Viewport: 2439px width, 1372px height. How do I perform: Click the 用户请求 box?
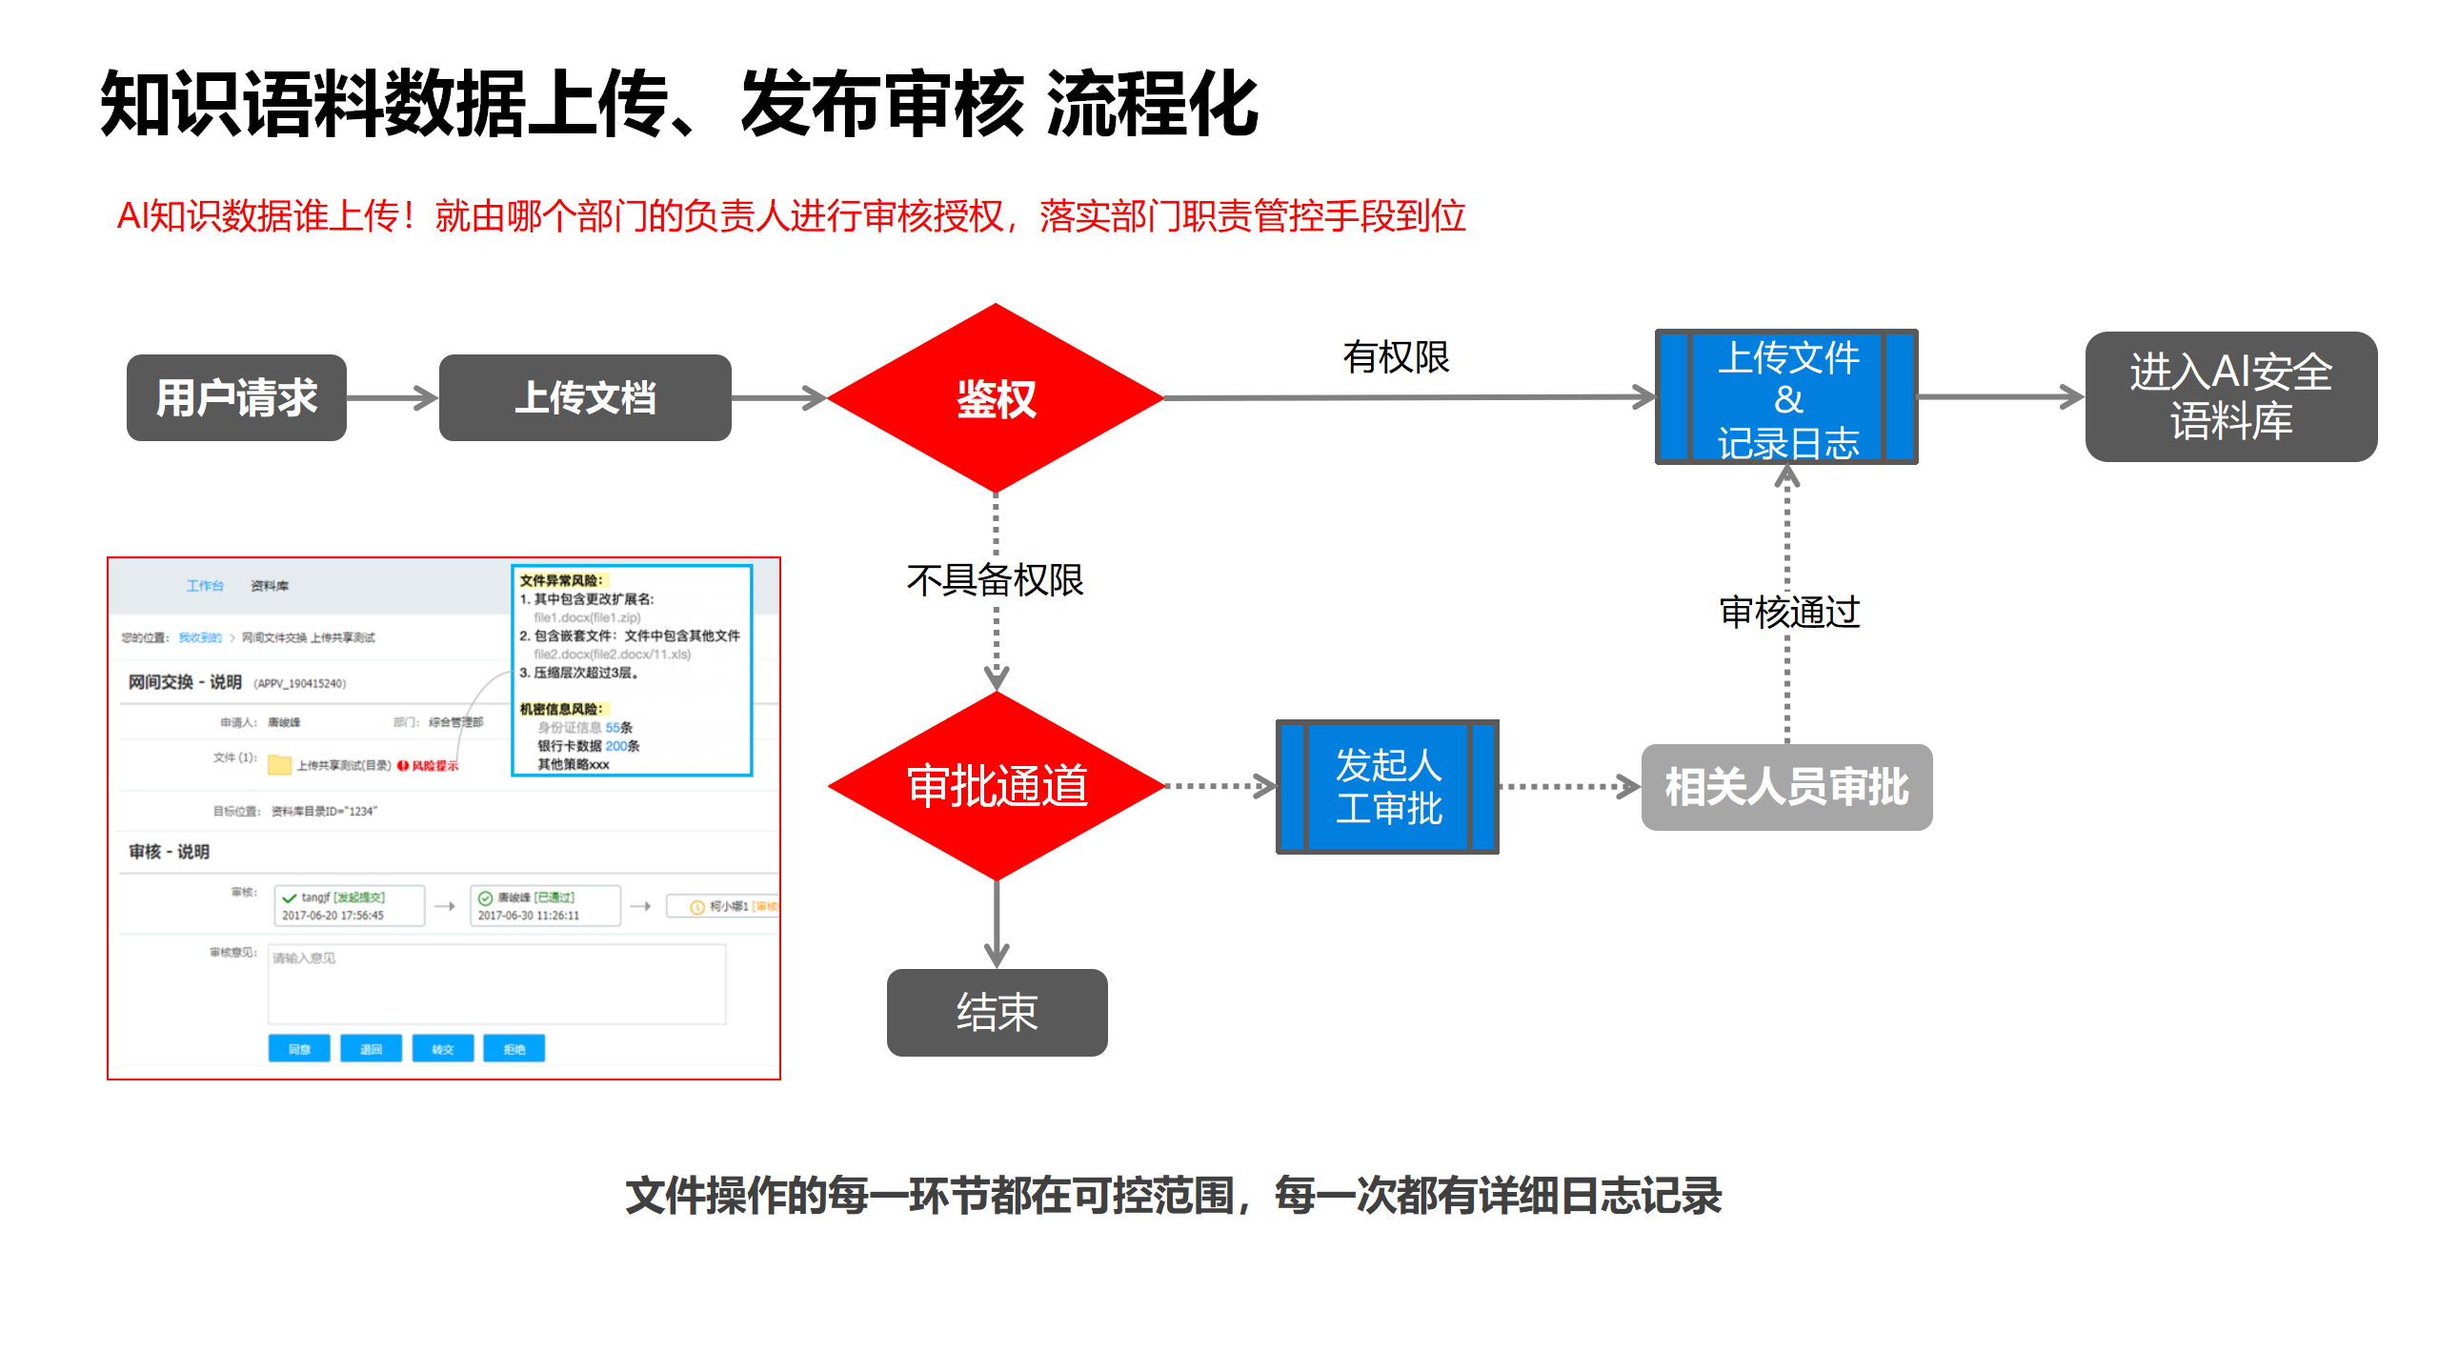(x=236, y=397)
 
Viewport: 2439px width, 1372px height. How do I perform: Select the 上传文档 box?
(x=585, y=397)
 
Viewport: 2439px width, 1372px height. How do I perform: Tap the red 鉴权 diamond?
(x=996, y=398)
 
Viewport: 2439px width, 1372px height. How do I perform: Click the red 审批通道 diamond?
(x=997, y=786)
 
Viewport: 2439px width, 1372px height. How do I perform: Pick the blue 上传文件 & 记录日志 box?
(x=1787, y=397)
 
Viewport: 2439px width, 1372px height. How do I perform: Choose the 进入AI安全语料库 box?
(x=2230, y=396)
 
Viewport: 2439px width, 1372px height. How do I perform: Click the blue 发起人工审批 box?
(x=1387, y=787)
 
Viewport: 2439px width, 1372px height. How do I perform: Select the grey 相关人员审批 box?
(x=1786, y=787)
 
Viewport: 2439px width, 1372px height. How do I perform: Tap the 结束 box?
(x=997, y=1012)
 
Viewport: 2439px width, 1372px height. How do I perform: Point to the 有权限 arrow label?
(x=1396, y=357)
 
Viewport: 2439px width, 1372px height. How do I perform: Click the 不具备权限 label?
(x=996, y=579)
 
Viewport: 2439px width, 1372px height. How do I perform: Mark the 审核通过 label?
(x=1789, y=612)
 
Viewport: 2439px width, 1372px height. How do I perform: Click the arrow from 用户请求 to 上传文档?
(x=392, y=397)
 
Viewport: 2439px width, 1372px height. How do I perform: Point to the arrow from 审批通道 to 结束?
(x=997, y=923)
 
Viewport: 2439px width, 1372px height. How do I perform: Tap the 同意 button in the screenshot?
(x=299, y=1049)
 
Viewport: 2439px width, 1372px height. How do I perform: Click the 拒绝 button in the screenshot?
(x=514, y=1049)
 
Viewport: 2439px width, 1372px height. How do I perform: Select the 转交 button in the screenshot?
(x=443, y=1049)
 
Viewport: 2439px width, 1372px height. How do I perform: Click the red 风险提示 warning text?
(x=433, y=765)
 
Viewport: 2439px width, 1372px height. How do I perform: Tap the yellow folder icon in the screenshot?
(x=279, y=764)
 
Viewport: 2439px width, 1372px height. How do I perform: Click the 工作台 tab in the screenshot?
(x=205, y=585)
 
